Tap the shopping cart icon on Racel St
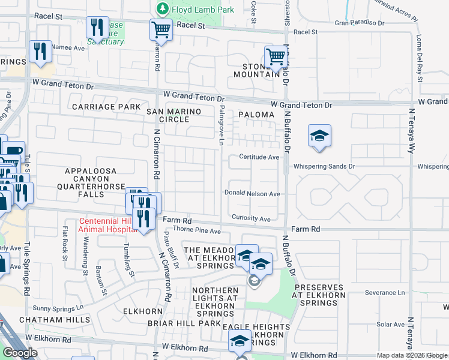[x=161, y=28]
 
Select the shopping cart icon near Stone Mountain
[x=276, y=56]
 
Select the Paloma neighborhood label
[x=256, y=114]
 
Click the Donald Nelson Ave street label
[x=252, y=194]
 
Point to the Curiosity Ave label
[x=252, y=219]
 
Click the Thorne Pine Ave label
[x=197, y=230]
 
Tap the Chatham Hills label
[x=49, y=320]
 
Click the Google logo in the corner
[x=20, y=353]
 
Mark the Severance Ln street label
[x=384, y=293]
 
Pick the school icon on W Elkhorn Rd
[x=240, y=342]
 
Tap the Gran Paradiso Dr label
[x=359, y=22]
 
